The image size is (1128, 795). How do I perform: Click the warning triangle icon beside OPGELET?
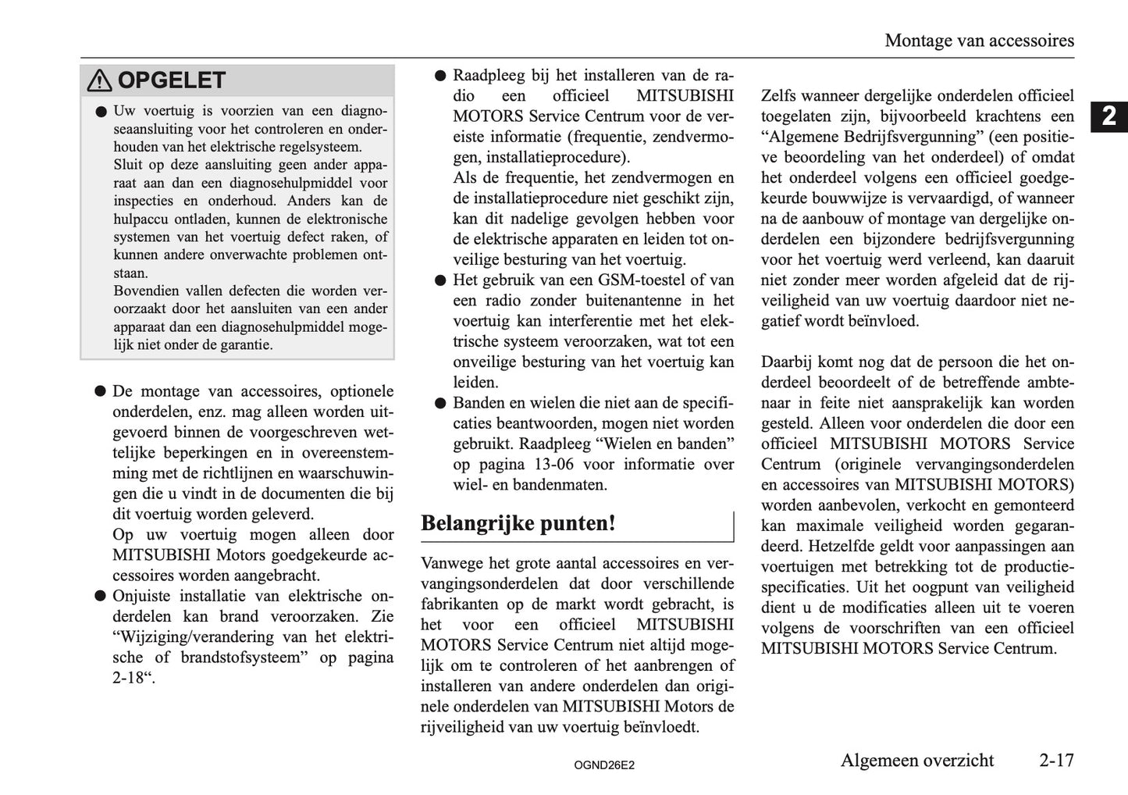click(x=100, y=80)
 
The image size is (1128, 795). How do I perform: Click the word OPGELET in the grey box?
click(x=171, y=80)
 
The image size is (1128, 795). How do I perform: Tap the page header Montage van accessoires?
click(x=979, y=41)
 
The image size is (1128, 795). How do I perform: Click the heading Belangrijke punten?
click(x=518, y=523)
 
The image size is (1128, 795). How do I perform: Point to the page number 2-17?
click(x=1056, y=760)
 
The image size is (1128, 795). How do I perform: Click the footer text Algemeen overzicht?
click(x=916, y=760)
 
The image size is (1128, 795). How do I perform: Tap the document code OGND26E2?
click(x=604, y=765)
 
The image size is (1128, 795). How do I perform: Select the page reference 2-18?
click(x=128, y=678)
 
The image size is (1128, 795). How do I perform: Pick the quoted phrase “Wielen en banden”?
click(x=664, y=444)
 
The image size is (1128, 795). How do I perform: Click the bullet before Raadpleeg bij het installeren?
click(x=439, y=77)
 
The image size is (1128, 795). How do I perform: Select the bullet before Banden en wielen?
click(x=439, y=404)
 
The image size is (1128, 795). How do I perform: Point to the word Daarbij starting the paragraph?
click(x=786, y=362)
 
